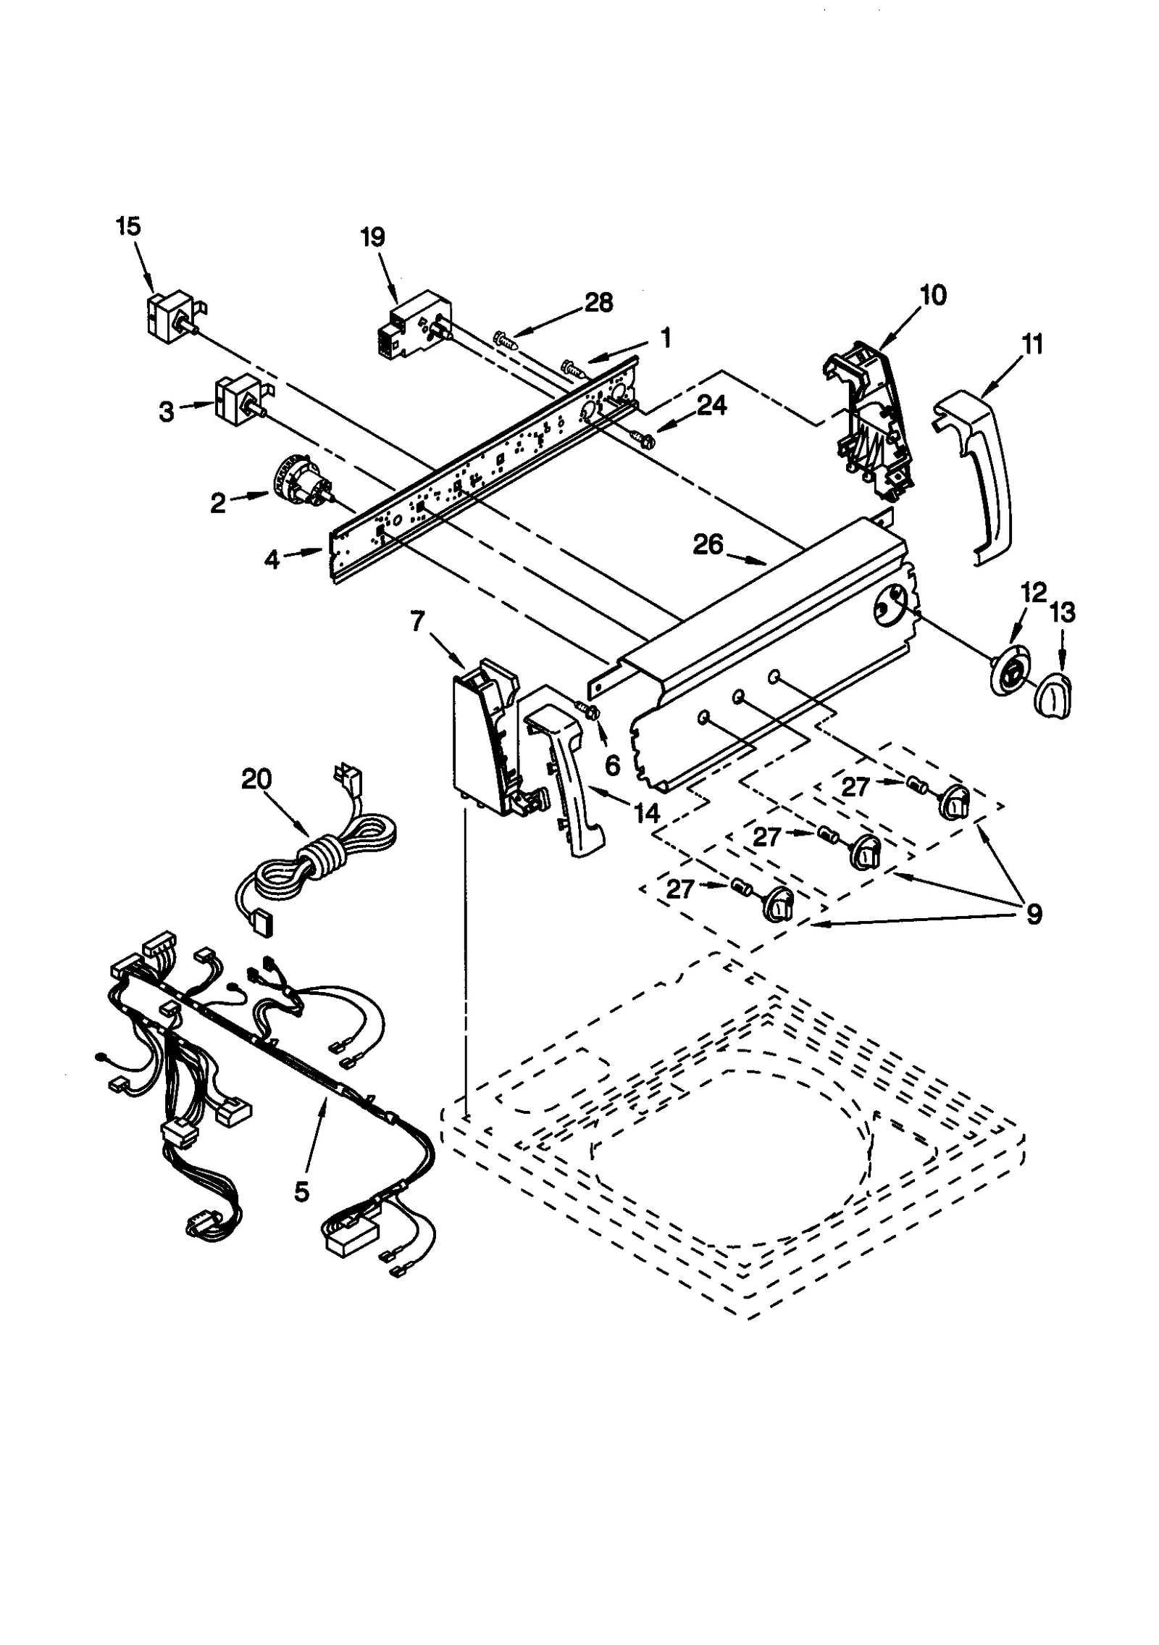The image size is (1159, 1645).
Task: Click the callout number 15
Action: click(x=127, y=226)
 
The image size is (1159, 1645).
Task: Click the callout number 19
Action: click(x=373, y=237)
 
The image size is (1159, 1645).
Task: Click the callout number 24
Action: click(x=711, y=405)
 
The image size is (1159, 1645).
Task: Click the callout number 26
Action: click(x=708, y=544)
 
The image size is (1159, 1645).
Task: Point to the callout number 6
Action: click(x=613, y=765)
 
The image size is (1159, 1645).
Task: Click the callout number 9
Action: click(x=1034, y=914)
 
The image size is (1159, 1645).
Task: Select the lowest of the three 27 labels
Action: click(x=680, y=889)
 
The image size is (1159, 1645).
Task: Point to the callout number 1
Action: click(x=665, y=337)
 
